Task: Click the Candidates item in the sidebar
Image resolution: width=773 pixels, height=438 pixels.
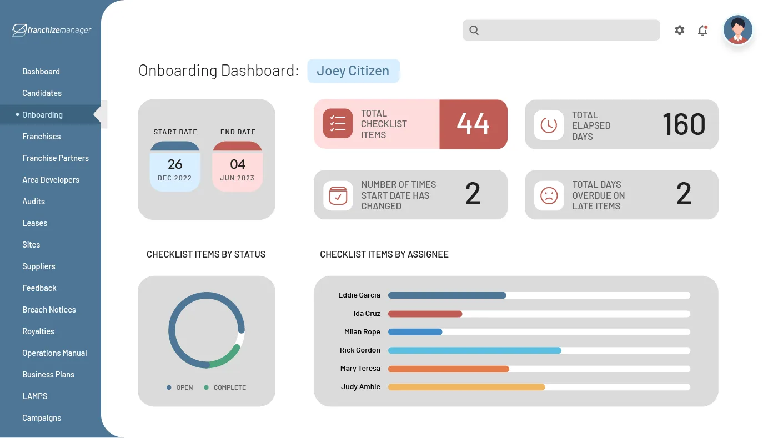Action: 42,93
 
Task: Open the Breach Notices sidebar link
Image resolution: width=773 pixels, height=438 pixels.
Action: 49,310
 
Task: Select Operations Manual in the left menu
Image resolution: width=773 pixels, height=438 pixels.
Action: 54,353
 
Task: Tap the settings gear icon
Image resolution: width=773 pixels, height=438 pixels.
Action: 679,31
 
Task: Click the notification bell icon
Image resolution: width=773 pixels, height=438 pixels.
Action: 702,31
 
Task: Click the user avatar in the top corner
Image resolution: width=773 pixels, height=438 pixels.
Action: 737,30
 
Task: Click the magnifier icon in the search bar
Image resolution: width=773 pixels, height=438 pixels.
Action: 474,31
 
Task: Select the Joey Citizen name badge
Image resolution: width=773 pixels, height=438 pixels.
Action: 353,71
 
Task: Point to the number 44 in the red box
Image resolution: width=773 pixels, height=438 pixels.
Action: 473,124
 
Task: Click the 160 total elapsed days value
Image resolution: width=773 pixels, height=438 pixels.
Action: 684,124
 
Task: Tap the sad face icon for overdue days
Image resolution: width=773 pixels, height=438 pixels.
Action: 549,195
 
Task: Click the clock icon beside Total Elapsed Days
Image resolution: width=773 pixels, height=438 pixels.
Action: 549,125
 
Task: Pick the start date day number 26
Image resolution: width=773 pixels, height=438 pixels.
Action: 175,164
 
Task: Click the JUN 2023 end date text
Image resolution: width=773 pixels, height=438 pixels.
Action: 237,178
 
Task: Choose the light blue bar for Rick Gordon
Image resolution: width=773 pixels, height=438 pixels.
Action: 474,350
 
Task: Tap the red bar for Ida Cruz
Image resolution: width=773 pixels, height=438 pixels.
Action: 425,314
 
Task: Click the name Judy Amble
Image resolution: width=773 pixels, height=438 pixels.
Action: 360,387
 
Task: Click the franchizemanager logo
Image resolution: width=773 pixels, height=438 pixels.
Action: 52,30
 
